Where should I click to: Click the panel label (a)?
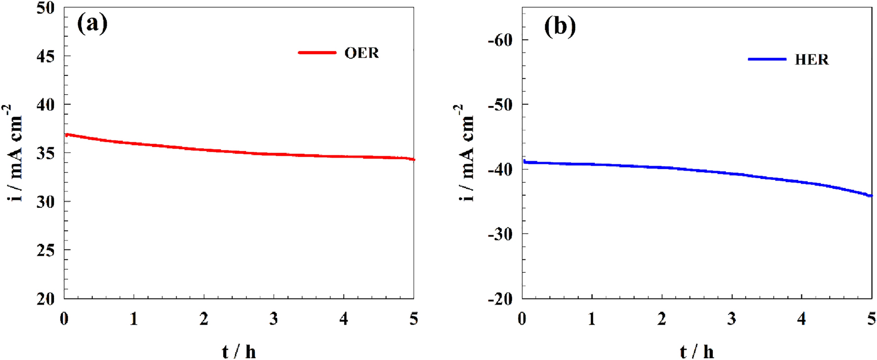coord(92,23)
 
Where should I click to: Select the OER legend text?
coord(361,53)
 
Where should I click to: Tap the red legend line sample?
coord(317,53)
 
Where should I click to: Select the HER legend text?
coord(812,60)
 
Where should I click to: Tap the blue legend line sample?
coord(767,59)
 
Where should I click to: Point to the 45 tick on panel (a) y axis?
coord(46,56)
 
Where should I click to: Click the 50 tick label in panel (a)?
coord(46,8)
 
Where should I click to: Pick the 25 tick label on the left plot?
coord(46,250)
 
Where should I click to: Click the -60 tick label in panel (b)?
coord(500,40)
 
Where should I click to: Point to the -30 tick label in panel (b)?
coord(500,234)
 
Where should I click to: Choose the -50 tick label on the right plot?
coord(500,105)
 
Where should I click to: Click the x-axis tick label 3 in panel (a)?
coord(274,319)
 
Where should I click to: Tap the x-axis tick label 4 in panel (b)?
coord(802,319)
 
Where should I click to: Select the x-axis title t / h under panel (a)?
coord(239,352)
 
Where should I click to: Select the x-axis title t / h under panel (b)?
coord(697,352)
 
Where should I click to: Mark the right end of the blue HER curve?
coord(871,196)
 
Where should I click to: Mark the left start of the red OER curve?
coord(66,134)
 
